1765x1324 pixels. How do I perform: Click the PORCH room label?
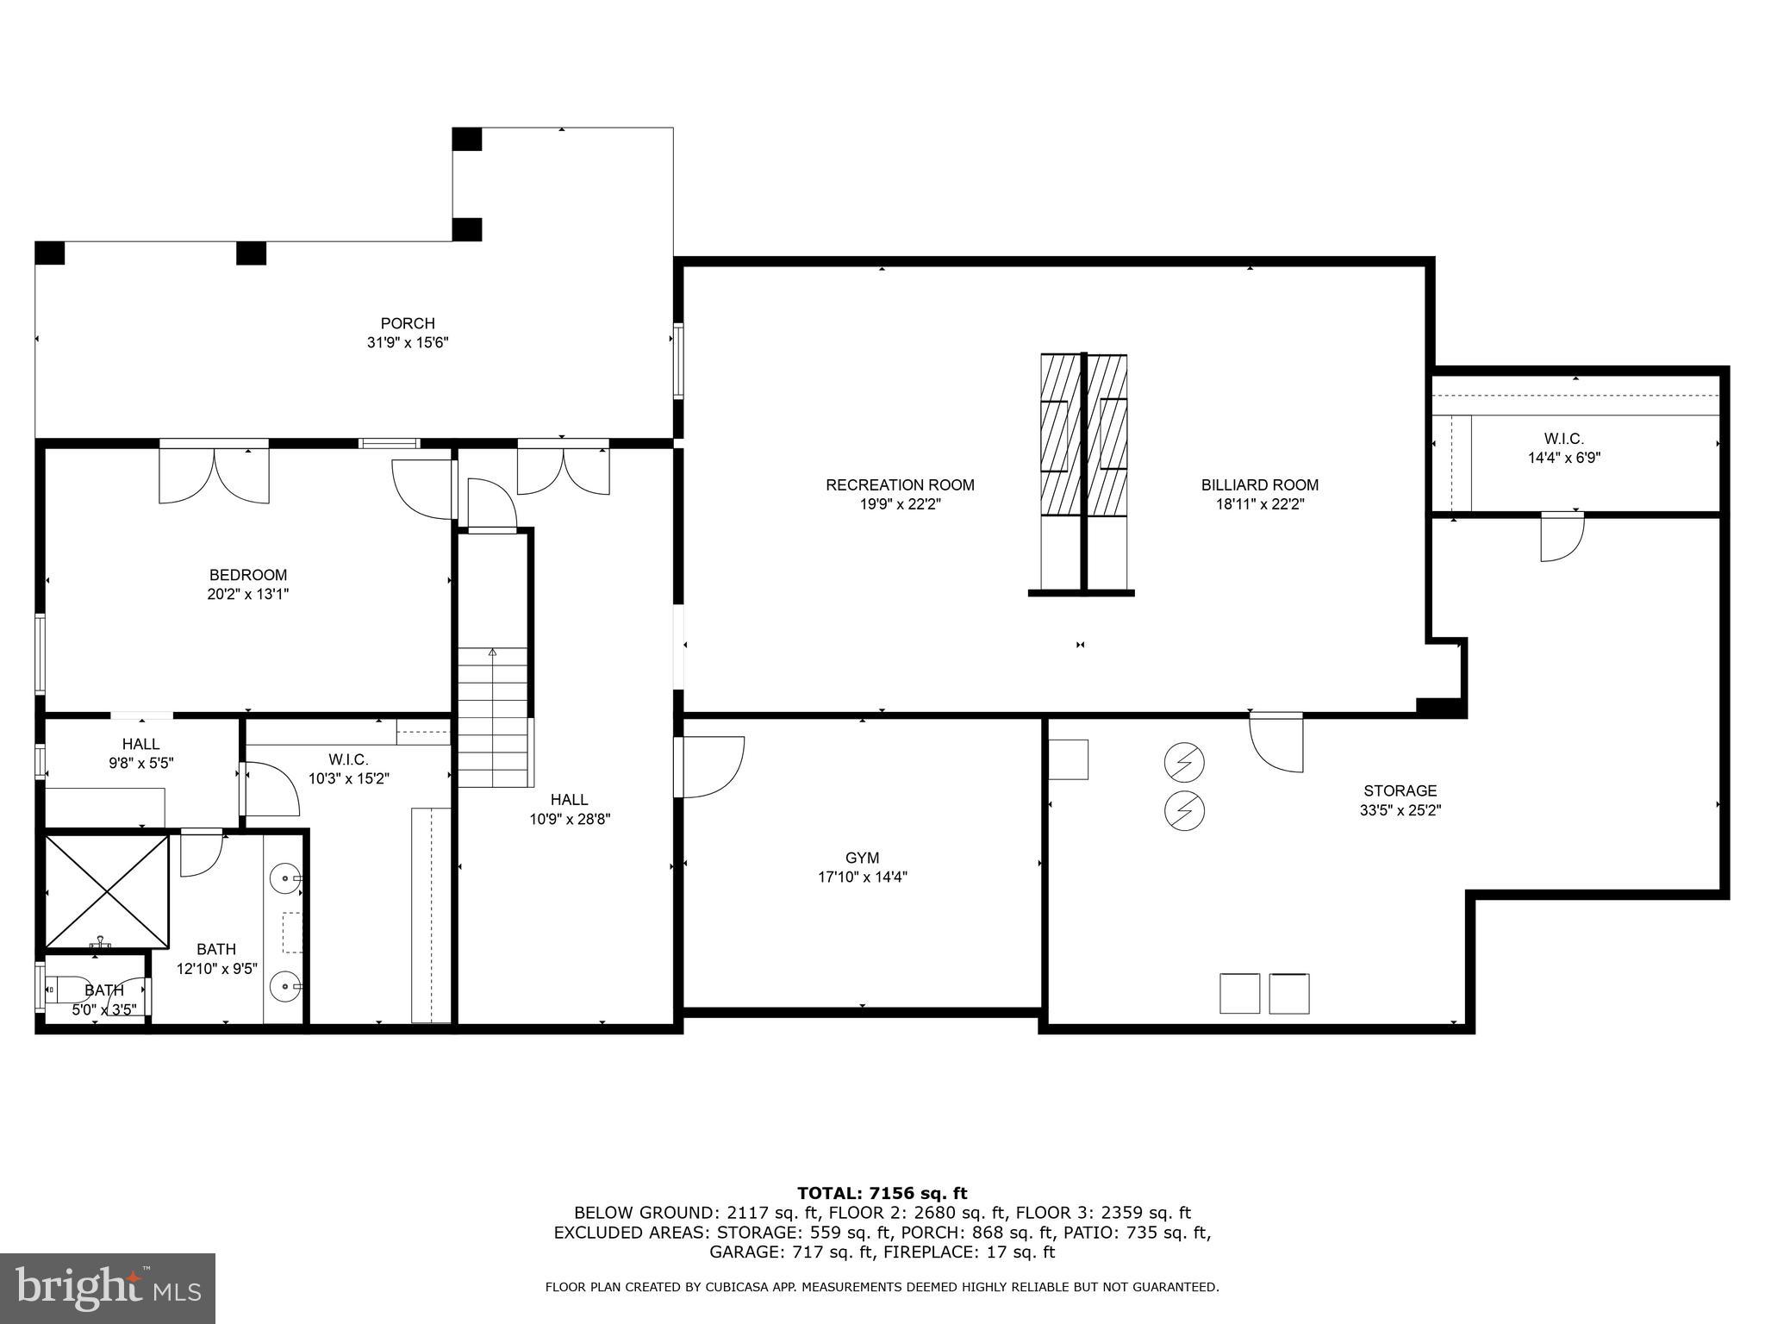tap(408, 323)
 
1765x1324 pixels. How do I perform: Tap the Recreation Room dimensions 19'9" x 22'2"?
tap(900, 504)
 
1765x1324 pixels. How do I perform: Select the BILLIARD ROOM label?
tap(1259, 485)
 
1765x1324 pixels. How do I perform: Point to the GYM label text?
tap(862, 858)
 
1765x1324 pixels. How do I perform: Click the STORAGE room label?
tap(1400, 790)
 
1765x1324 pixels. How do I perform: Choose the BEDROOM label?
tap(248, 575)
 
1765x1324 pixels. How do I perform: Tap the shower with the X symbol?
tap(107, 890)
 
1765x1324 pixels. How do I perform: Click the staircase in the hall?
tap(492, 715)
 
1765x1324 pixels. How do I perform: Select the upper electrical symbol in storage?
tap(1183, 762)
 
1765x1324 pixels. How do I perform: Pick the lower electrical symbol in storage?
tap(1183, 810)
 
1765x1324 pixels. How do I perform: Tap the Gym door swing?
tap(712, 766)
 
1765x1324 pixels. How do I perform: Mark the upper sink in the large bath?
tap(284, 880)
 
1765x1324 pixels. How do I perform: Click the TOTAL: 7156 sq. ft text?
tap(882, 1193)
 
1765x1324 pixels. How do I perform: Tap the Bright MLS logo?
tap(108, 1288)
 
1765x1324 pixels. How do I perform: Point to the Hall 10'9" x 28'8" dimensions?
tap(570, 819)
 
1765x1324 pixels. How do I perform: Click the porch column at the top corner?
tap(467, 139)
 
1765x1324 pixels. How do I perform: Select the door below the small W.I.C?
tap(1562, 536)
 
